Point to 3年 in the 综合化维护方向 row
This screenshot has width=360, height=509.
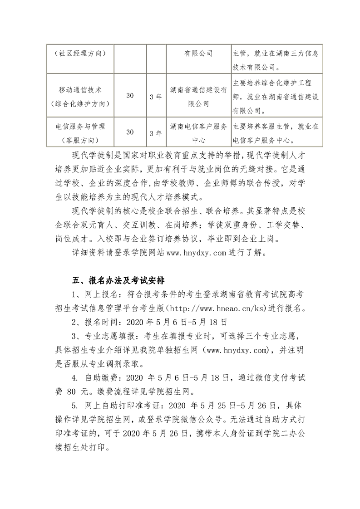coord(156,97)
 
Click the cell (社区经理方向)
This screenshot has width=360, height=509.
coord(79,53)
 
